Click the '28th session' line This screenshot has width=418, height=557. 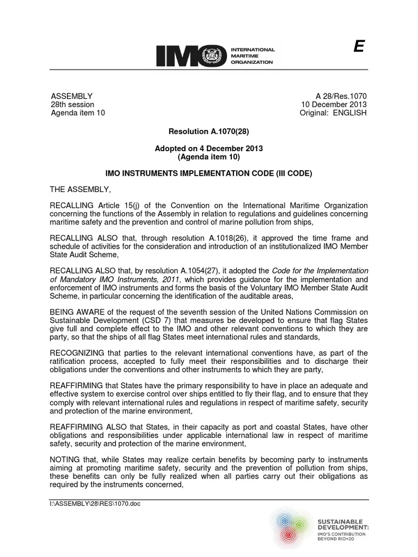[72, 104]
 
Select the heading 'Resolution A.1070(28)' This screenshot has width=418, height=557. [209, 131]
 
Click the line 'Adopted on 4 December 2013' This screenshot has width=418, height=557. [209, 148]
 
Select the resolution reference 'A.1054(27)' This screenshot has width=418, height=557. [211, 270]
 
